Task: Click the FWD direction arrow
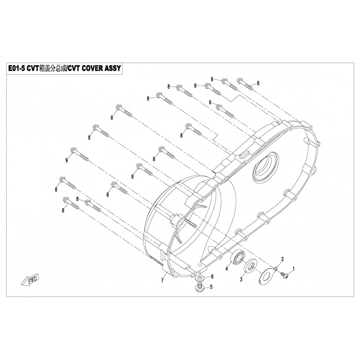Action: tap(30, 279)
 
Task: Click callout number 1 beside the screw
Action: tap(293, 269)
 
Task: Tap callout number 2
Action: tap(283, 259)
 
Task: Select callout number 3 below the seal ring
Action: tap(241, 279)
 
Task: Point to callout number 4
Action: tap(227, 268)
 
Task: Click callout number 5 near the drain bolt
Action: tap(211, 287)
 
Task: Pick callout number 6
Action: tap(212, 276)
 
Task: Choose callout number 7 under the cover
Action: tap(162, 280)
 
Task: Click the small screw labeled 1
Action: tap(284, 275)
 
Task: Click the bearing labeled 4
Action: tap(238, 258)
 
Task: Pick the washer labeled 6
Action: tap(200, 278)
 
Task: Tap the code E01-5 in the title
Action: tap(17, 68)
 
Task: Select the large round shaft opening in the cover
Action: tap(265, 167)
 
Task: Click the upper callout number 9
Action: tap(210, 102)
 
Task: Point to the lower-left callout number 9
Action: tap(67, 160)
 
